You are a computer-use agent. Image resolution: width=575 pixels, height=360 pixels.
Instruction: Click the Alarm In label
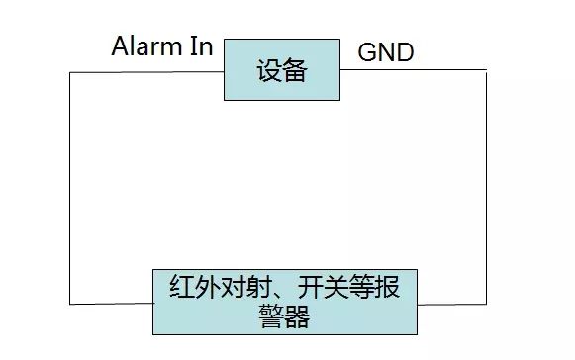click(x=161, y=46)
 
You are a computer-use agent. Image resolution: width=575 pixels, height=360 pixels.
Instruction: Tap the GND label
click(x=385, y=52)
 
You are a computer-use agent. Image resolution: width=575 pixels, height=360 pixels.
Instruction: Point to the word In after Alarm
click(x=201, y=46)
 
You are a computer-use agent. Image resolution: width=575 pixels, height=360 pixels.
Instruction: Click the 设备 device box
click(x=282, y=70)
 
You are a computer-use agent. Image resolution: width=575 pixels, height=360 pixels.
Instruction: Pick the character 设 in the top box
click(x=269, y=71)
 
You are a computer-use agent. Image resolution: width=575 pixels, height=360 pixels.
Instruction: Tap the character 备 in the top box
click(x=295, y=71)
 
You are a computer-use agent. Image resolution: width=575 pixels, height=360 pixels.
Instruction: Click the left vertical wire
click(x=69, y=188)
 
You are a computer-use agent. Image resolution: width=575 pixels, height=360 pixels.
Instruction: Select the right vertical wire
click(x=487, y=188)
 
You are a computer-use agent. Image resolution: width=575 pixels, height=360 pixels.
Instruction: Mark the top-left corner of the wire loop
click(x=69, y=71)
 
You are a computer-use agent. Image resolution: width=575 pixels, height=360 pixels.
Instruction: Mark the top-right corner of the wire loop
click(x=487, y=70)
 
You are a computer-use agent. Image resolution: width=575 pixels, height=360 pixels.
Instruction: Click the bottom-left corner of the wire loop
click(x=69, y=304)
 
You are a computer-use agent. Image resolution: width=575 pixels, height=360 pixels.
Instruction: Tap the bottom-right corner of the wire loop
click(x=487, y=304)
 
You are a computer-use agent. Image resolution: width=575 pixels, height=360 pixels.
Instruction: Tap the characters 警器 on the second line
click(x=285, y=316)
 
